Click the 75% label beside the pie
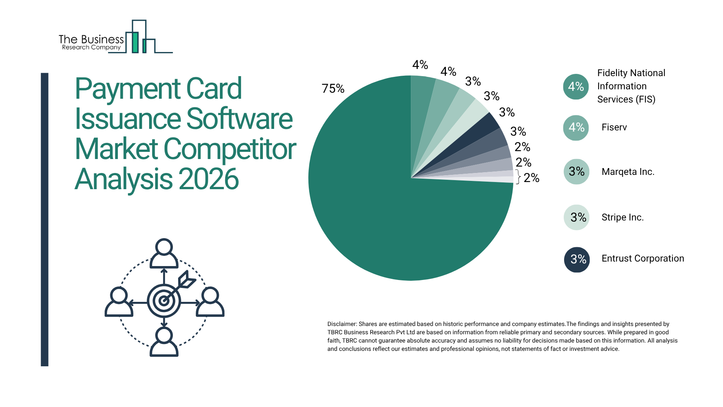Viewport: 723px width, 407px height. [x=333, y=89]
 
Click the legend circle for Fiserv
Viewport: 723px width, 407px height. [x=576, y=128]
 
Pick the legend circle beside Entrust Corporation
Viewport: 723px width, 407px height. [x=577, y=259]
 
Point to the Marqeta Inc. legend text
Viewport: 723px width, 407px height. [x=628, y=172]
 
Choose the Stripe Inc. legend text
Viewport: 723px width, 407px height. [x=622, y=217]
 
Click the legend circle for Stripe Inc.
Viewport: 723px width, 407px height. [x=577, y=217]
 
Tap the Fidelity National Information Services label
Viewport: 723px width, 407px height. [x=631, y=86]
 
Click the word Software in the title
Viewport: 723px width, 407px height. [x=239, y=119]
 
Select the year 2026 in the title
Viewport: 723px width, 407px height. [x=209, y=179]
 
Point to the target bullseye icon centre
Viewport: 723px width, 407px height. [x=164, y=301]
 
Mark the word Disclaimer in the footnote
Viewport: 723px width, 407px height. [x=342, y=324]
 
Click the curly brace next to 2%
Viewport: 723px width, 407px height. [x=518, y=177]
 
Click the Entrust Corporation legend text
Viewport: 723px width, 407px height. [x=642, y=259]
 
